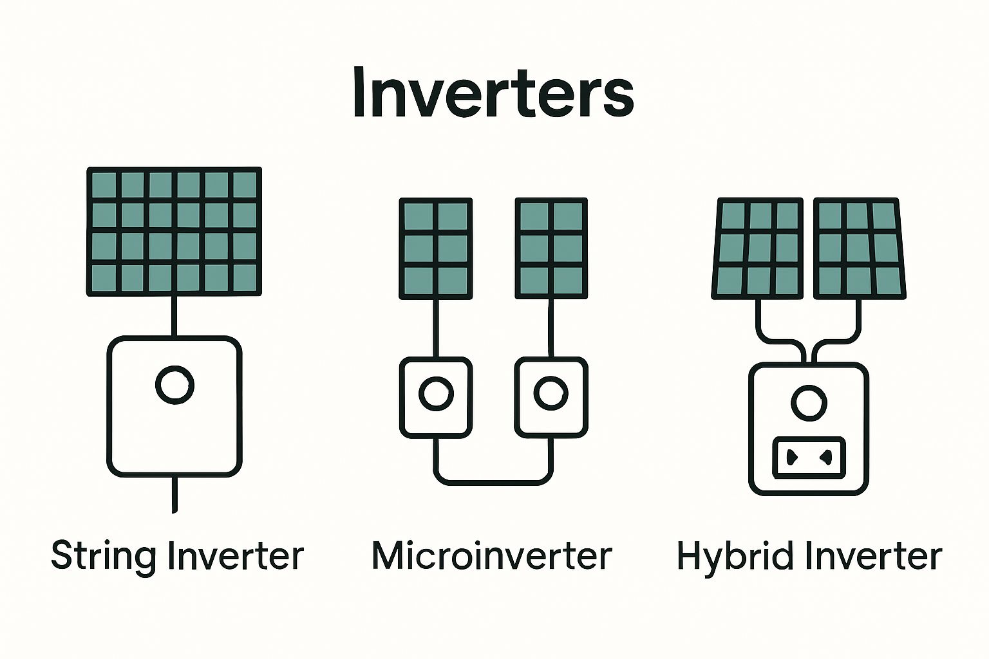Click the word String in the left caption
point(103,555)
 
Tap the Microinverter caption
point(491,555)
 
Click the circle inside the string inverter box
point(174,385)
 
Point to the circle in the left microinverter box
point(436,393)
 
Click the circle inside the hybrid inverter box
point(808,403)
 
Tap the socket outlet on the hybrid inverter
point(808,458)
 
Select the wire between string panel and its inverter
point(174,316)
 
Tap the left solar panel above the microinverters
point(436,248)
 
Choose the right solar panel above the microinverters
point(551,248)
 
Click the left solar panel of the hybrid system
point(758,248)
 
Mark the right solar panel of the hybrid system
point(859,248)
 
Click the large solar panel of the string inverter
point(174,232)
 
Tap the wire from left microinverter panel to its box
point(436,328)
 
